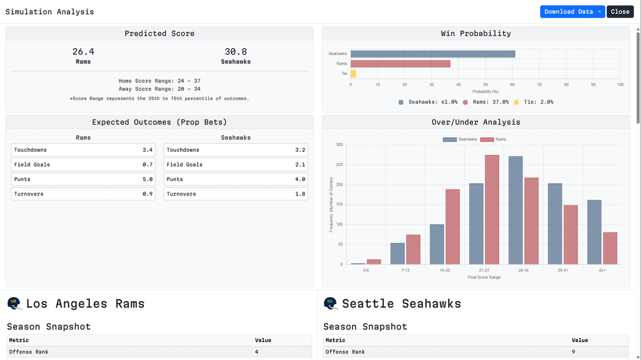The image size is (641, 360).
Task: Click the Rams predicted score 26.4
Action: pyautogui.click(x=83, y=52)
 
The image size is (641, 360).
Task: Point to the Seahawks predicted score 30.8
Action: pyautogui.click(x=236, y=52)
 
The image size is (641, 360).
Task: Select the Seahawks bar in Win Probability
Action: pyautogui.click(x=433, y=54)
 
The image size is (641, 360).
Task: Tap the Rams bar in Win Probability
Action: pyautogui.click(x=400, y=63)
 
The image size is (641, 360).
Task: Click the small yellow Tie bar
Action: pyautogui.click(x=353, y=74)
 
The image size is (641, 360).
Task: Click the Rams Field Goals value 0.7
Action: pyautogui.click(x=148, y=164)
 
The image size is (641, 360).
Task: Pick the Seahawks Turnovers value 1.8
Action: pyautogui.click(x=300, y=194)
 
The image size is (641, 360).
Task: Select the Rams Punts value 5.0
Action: pyautogui.click(x=148, y=179)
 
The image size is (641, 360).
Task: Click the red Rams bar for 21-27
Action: pyautogui.click(x=492, y=209)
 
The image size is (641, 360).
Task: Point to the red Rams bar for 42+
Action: pyautogui.click(x=610, y=248)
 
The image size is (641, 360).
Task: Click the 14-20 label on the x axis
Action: pyautogui.click(x=445, y=270)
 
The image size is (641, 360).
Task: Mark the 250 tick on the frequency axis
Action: pyautogui.click(x=339, y=165)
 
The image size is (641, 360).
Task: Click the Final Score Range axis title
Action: pyautogui.click(x=484, y=277)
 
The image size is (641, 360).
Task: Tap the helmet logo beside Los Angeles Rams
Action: pyautogui.click(x=14, y=304)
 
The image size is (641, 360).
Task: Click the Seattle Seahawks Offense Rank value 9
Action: pyautogui.click(x=573, y=352)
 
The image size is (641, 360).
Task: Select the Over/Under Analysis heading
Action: pyautogui.click(x=475, y=122)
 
